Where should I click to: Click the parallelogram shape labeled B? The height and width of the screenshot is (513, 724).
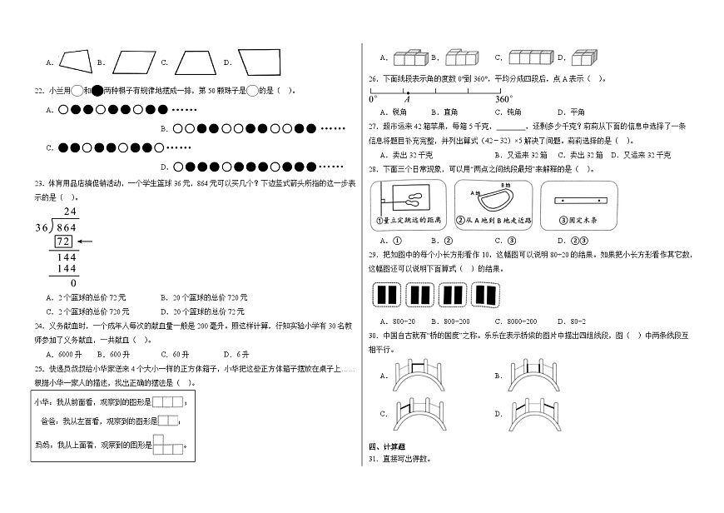tap(134, 62)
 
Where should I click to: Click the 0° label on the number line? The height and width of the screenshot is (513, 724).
tap(373, 98)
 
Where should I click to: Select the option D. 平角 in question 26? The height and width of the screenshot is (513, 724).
tap(571, 111)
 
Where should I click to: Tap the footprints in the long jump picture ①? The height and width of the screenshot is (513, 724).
tap(411, 200)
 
